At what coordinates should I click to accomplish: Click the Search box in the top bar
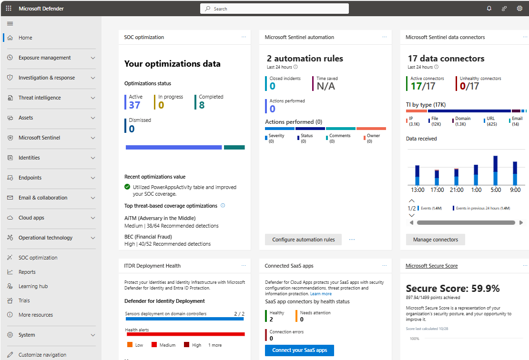pos(275,9)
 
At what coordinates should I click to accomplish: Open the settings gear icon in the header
pos(519,9)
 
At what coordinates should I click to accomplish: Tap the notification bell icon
pos(489,9)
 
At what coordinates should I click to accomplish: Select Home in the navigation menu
pos(26,38)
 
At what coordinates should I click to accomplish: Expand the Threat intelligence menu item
pos(40,98)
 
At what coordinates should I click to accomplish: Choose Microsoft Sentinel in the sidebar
pos(39,138)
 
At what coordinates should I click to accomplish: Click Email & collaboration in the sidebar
pos(43,198)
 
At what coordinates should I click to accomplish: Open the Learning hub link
pos(33,286)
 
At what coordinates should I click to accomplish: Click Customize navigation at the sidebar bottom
pos(42,355)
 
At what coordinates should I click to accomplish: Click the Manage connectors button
pos(435,240)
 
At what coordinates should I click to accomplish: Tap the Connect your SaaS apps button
pos(299,350)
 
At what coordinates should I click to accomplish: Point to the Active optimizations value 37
pos(134,105)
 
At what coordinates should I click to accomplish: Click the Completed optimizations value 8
pos(202,105)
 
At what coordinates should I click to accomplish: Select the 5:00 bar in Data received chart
pos(496,171)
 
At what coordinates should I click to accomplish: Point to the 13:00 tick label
pos(417,190)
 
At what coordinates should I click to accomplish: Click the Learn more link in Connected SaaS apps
pos(321,294)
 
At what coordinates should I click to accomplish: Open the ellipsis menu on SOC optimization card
pos(244,37)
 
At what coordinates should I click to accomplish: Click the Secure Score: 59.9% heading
pos(453,288)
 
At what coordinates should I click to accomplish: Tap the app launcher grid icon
pos(9,9)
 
